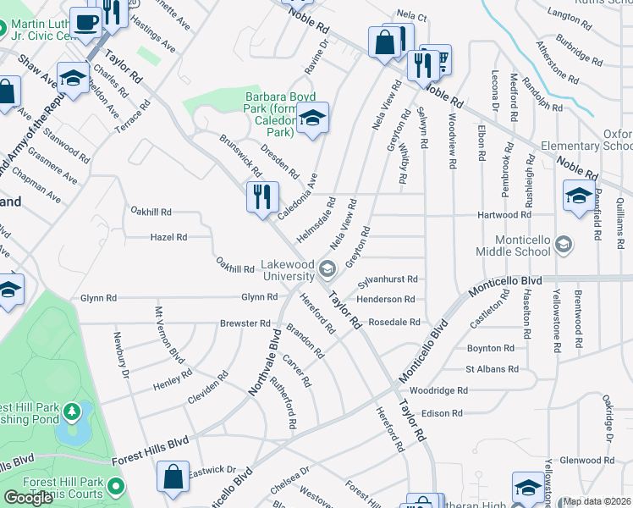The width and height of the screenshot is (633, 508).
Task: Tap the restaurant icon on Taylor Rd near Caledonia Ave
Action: (x=262, y=196)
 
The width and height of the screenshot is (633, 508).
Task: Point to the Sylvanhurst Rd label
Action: (x=387, y=279)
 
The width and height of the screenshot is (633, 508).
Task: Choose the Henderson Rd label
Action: (x=385, y=300)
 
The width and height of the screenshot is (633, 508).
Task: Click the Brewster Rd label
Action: (x=245, y=323)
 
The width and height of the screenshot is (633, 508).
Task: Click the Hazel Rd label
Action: (x=168, y=238)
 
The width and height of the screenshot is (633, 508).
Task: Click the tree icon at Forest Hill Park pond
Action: (x=73, y=412)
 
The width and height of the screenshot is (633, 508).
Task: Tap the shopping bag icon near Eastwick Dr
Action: (x=173, y=475)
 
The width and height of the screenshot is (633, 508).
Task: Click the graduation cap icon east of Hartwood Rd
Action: (x=579, y=196)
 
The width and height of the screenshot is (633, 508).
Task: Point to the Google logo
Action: (x=28, y=498)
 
